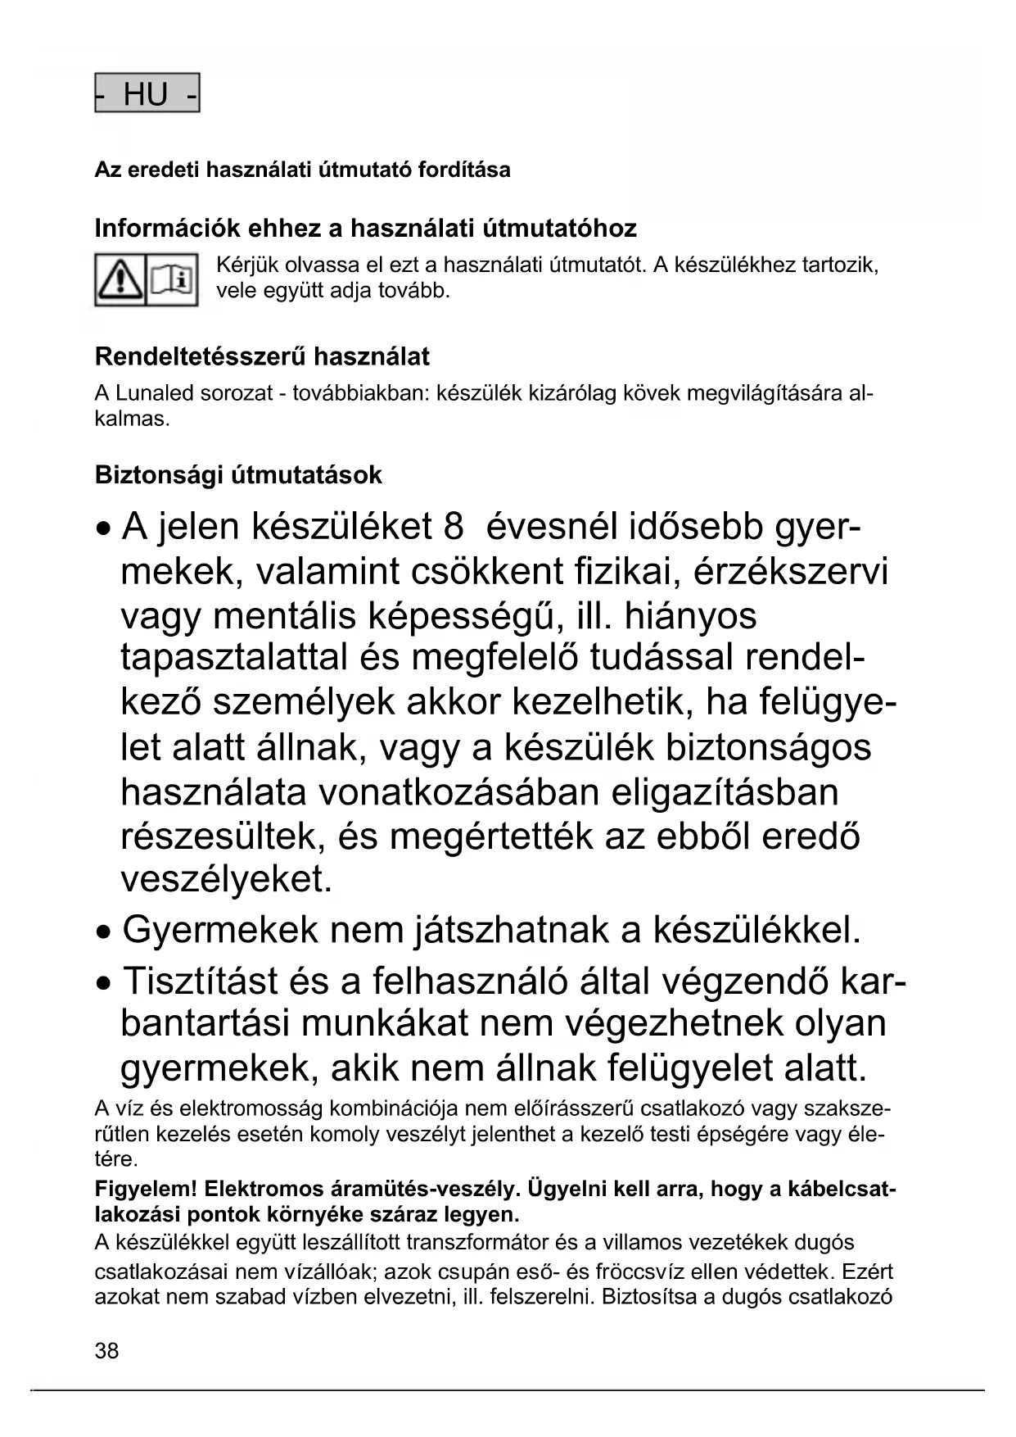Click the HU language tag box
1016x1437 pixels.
click(147, 93)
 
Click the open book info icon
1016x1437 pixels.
click(172, 280)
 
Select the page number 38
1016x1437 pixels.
click(106, 1351)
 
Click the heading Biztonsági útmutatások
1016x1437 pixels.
click(238, 475)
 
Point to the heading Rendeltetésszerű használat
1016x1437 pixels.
click(262, 357)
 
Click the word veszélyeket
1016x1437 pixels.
click(227, 879)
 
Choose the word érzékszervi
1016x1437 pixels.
click(791, 572)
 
